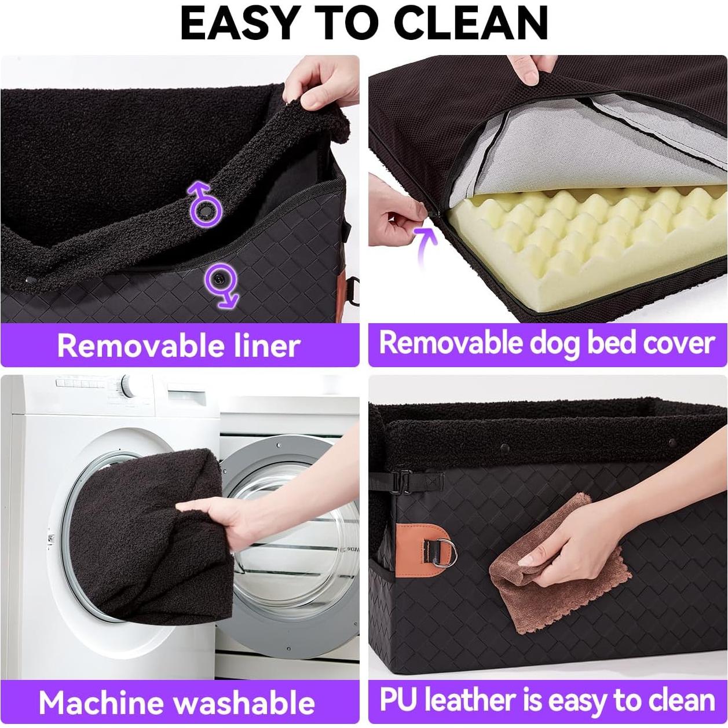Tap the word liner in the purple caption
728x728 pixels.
(267, 346)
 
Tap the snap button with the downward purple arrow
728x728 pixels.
(219, 279)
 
